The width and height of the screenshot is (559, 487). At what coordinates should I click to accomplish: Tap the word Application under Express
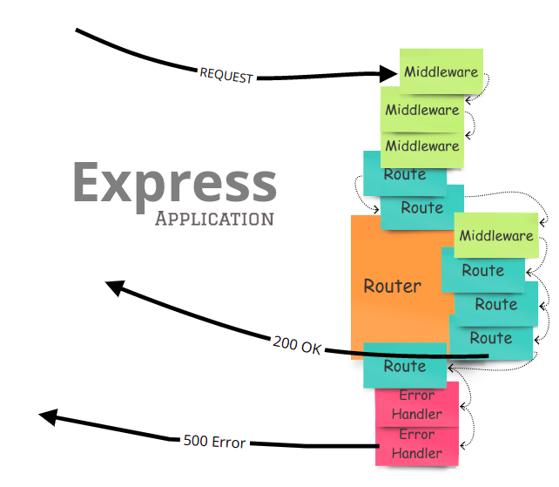pyautogui.click(x=214, y=218)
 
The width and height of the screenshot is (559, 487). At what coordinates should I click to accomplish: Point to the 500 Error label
pyautogui.click(x=214, y=441)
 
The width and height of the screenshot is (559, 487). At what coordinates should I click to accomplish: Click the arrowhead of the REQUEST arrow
pyautogui.click(x=390, y=75)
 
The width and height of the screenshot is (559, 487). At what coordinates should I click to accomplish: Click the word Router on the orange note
pyautogui.click(x=392, y=286)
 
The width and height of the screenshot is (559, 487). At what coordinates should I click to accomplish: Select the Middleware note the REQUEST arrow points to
pyautogui.click(x=441, y=71)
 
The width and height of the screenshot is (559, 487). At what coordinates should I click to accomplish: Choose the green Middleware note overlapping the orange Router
pyautogui.click(x=495, y=235)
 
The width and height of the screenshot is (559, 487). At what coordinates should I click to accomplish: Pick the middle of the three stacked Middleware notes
pyautogui.click(x=422, y=110)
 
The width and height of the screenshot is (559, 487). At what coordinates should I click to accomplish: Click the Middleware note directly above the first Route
pyautogui.click(x=422, y=145)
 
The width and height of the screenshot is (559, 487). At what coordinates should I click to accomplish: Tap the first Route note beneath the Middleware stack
pyautogui.click(x=404, y=174)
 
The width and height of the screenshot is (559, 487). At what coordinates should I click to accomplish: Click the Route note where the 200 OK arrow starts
pyautogui.click(x=491, y=338)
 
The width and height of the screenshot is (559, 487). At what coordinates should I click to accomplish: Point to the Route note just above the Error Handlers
pyautogui.click(x=404, y=367)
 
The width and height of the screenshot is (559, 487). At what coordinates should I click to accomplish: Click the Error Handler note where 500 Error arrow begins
pyautogui.click(x=416, y=444)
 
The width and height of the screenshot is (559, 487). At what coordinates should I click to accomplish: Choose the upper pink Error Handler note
pyautogui.click(x=416, y=404)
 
